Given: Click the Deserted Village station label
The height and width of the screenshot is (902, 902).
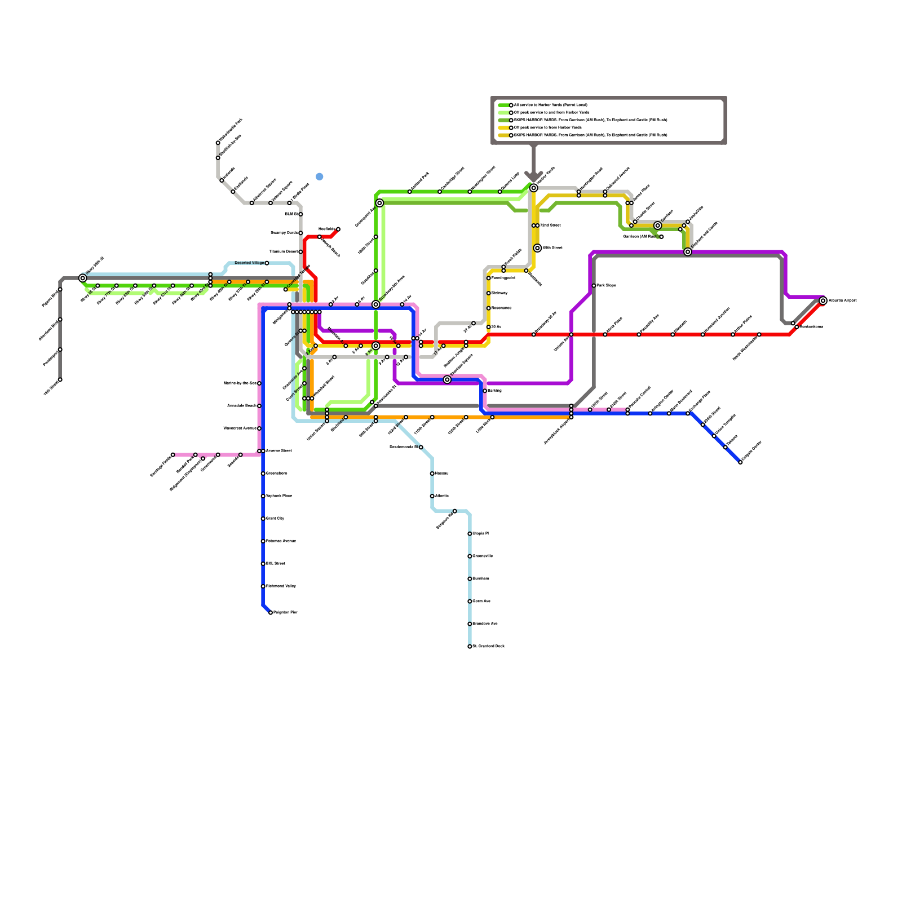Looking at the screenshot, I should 249,263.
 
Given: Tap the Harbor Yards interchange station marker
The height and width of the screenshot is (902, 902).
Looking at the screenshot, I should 534,188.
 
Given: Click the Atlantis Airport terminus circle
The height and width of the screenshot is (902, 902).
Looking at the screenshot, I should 823,301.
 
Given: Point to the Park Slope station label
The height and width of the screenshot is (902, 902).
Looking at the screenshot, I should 607,286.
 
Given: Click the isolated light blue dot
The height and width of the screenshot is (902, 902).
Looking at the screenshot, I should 320,176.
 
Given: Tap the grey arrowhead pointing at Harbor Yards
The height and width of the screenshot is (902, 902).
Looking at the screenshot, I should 534,176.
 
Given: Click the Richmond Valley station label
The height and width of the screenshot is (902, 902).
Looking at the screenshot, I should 281,586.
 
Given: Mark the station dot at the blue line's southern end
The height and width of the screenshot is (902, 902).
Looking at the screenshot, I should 271,613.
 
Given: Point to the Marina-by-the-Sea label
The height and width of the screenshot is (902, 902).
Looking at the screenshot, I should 240,383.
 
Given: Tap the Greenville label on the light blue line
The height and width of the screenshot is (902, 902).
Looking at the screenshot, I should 483,556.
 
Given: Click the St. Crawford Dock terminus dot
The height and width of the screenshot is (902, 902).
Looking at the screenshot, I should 470,647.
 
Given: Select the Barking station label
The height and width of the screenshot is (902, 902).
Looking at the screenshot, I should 494,391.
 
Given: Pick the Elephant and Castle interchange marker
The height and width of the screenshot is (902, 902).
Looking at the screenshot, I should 688,252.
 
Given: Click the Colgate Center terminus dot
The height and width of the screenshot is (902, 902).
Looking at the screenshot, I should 740,462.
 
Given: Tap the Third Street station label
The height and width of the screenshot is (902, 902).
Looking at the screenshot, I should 550,225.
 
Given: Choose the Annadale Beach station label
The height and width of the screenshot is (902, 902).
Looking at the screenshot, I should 242,406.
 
